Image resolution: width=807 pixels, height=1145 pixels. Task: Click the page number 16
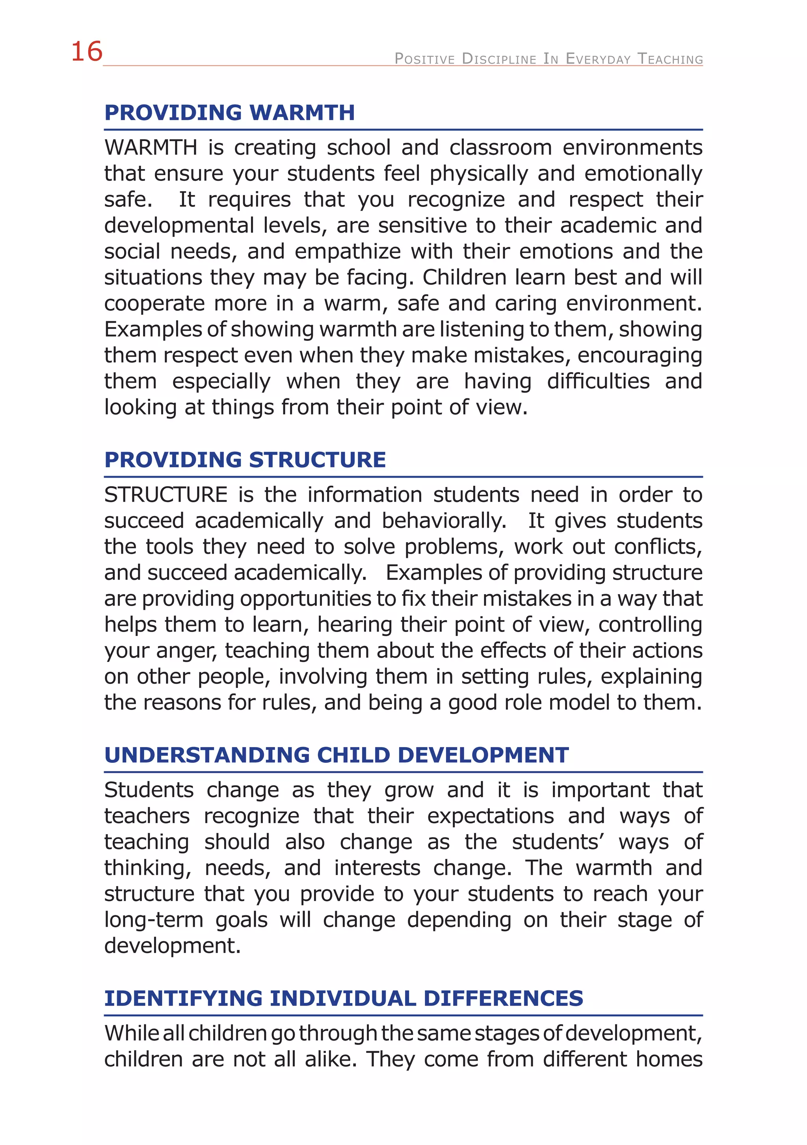tap(87, 52)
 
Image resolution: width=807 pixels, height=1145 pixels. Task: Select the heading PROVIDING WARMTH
tap(229, 113)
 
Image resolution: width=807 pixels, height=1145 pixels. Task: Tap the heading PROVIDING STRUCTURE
tap(245, 460)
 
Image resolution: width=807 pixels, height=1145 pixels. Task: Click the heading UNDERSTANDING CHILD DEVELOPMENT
tap(336, 755)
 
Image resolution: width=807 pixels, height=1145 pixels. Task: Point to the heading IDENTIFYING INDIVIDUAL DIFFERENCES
tap(343, 998)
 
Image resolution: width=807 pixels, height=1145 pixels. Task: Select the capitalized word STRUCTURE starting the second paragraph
tap(165, 495)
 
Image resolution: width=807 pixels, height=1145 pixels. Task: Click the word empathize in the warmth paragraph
tap(348, 251)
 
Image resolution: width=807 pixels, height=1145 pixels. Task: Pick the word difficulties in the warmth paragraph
tap(598, 381)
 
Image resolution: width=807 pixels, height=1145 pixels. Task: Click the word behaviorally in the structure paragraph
tap(444, 520)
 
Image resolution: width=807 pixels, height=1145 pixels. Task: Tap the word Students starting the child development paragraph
tap(149, 790)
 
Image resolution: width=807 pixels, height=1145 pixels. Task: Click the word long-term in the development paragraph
tap(154, 920)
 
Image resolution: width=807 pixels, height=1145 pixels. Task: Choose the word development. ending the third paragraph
tap(172, 946)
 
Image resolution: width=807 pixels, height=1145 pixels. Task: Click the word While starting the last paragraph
tap(131, 1033)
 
